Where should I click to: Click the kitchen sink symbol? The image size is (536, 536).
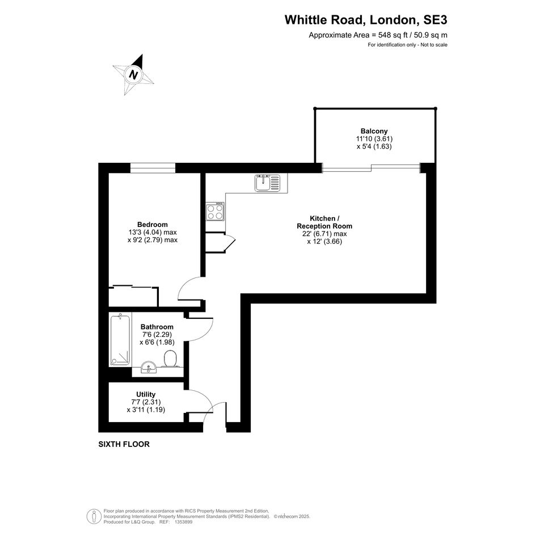tap(267, 183)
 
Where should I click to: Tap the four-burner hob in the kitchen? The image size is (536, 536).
tap(215, 211)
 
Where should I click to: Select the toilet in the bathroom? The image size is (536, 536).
tap(170, 358)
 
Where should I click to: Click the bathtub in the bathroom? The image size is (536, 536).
tap(120, 340)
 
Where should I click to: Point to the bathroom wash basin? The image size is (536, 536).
tap(149, 367)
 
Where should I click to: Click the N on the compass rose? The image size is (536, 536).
tap(133, 74)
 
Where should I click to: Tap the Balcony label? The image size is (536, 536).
tap(374, 131)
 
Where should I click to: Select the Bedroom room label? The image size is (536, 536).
tap(153, 225)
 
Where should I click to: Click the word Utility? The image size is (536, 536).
tap(146, 394)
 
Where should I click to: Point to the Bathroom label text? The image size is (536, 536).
tap(157, 327)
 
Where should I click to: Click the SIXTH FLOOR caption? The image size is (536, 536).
tap(124, 444)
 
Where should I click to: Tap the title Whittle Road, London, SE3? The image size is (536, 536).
tap(366, 20)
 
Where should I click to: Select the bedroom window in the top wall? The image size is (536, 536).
tap(153, 168)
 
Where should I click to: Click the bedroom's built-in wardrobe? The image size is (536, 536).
tap(133, 297)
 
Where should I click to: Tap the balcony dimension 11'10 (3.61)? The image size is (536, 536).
tap(374, 139)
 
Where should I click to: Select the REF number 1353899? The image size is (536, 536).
tap(184, 522)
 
